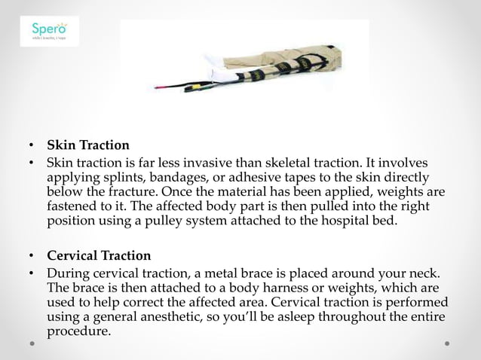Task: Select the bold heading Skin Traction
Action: click(88, 145)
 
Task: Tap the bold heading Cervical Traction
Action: click(99, 255)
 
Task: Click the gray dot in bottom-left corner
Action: click(33, 343)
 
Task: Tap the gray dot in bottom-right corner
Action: click(447, 343)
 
